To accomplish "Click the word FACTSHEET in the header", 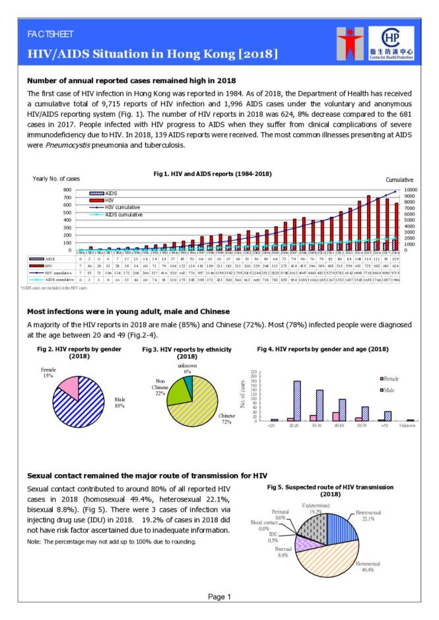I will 51,34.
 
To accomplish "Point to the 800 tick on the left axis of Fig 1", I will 66,189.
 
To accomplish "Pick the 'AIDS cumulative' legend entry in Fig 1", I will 110,214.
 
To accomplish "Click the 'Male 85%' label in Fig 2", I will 119,402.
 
